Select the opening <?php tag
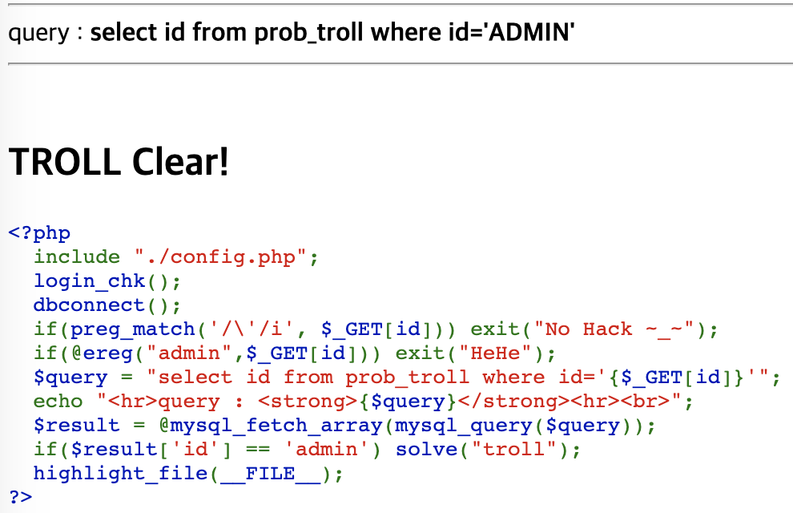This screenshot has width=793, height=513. (39, 233)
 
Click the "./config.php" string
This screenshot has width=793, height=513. (221, 257)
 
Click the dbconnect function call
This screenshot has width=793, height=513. (89, 305)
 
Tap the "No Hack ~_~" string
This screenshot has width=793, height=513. (620, 329)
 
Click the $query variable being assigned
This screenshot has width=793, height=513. (70, 378)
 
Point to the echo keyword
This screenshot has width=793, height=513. (58, 402)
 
